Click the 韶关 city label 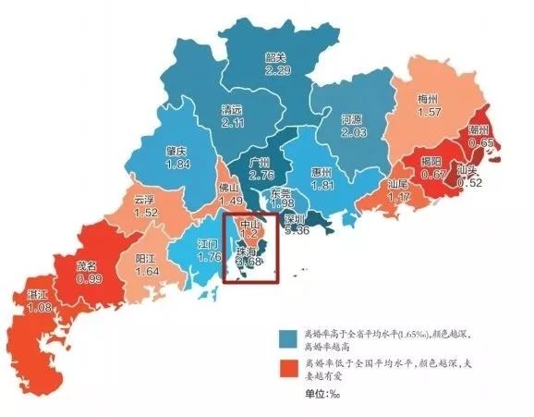tap(274, 57)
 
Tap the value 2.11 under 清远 tap(233, 122)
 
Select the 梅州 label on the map tap(430, 98)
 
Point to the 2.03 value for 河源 tap(354, 133)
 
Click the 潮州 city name tap(479, 129)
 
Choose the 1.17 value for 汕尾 tap(399, 197)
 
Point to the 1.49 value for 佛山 tap(230, 200)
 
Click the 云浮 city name tap(144, 199)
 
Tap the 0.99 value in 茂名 tap(89, 277)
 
